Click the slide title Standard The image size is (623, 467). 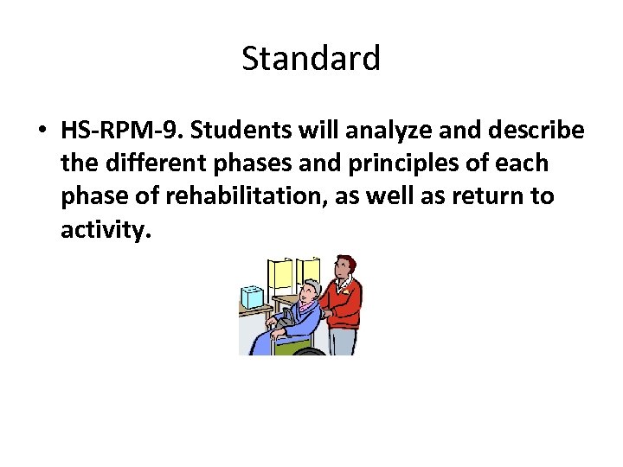point(311,59)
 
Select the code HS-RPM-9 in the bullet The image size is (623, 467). point(120,131)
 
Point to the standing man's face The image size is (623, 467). point(344,272)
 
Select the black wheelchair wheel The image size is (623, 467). point(309,351)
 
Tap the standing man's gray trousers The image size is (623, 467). point(343,342)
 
